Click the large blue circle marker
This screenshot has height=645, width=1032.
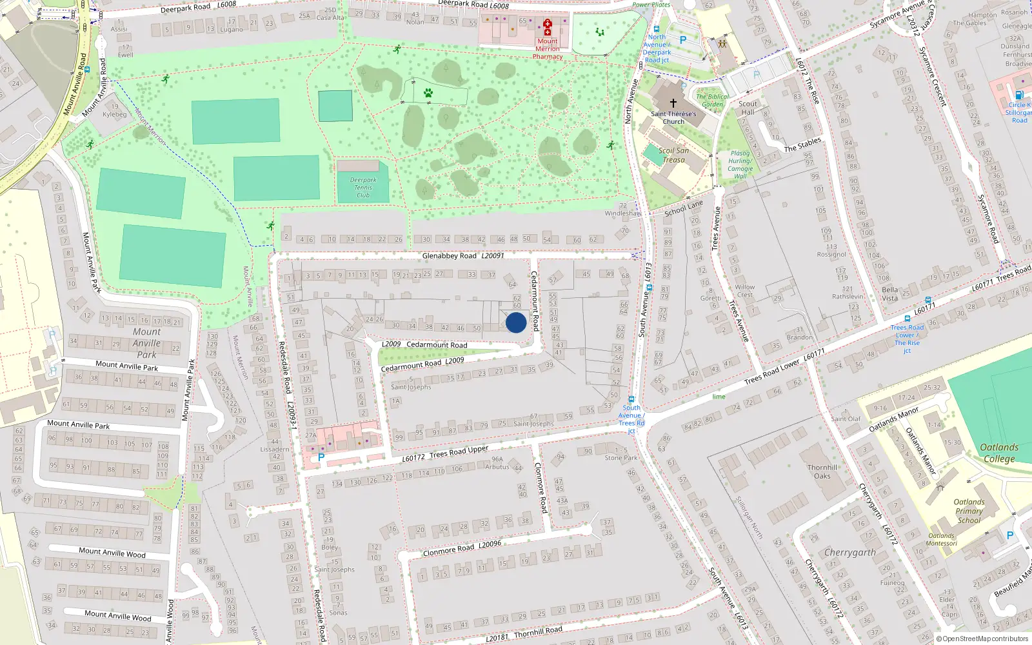[x=516, y=322]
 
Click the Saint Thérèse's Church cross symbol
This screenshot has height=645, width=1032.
[x=673, y=103]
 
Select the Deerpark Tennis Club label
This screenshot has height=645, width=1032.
[x=363, y=188]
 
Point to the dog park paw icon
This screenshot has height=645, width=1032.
[x=428, y=94]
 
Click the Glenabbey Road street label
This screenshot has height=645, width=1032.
[x=449, y=256]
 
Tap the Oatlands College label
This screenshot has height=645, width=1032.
[x=999, y=453]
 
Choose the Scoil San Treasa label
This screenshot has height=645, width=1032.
[x=673, y=155]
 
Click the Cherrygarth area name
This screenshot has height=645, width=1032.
[x=850, y=553]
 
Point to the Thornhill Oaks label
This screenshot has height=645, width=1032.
[x=822, y=471]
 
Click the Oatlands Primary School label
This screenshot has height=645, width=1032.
[x=969, y=511]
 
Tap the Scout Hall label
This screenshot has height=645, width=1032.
[x=748, y=108]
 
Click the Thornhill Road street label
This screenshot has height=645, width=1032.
[x=538, y=631]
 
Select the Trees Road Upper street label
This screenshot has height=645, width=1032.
[x=459, y=452]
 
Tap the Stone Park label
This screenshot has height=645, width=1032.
[x=621, y=458]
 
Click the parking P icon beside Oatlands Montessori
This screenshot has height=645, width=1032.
[x=1010, y=535]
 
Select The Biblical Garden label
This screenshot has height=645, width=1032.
[x=712, y=101]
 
